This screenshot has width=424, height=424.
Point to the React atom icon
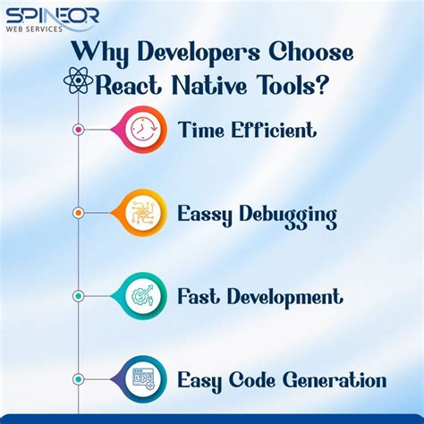pos(79,84)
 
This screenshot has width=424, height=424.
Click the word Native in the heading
pos(212,85)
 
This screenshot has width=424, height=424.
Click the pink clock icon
pos(143,130)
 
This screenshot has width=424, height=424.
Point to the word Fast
pos(198,296)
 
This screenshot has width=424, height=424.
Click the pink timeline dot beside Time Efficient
pos(79,130)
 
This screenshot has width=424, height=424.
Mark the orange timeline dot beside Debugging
pos(79,213)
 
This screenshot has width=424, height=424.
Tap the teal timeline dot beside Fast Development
pos(79,296)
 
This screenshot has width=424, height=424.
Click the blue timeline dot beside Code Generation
pos(79,379)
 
